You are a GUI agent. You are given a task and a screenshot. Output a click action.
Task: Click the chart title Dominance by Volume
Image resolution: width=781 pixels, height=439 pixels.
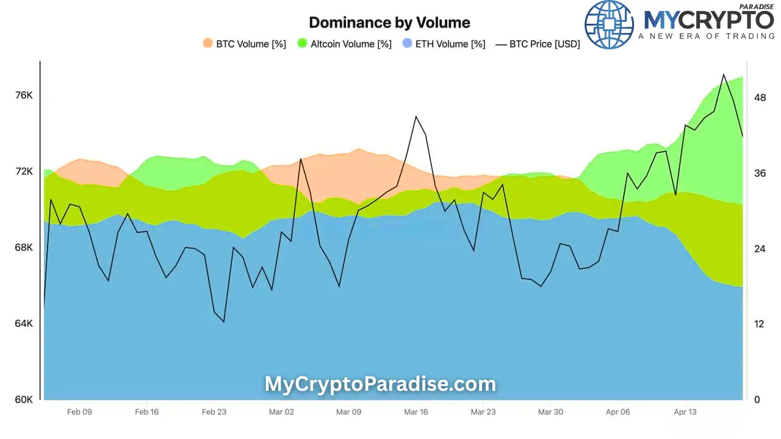click(x=389, y=23)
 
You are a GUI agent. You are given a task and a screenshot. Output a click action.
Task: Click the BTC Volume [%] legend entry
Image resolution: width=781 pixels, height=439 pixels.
click(x=244, y=44)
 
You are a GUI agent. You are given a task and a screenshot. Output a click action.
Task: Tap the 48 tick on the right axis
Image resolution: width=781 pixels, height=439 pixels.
click(x=760, y=98)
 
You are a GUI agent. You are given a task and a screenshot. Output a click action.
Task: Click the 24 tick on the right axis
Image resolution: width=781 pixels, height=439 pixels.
click(x=760, y=249)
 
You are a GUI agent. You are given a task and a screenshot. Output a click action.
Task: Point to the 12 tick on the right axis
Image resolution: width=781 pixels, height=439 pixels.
click(x=760, y=324)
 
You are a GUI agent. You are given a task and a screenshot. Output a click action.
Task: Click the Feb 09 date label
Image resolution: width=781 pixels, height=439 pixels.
click(x=79, y=412)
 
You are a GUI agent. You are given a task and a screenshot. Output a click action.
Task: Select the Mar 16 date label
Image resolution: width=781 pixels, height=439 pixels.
click(x=416, y=412)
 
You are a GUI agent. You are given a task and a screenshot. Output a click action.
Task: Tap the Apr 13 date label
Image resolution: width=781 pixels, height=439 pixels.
click(x=685, y=412)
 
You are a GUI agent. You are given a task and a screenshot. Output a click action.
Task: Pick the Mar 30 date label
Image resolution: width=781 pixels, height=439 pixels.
click(x=550, y=412)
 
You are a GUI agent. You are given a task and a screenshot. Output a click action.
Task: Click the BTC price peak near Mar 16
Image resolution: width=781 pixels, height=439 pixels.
click(x=416, y=116)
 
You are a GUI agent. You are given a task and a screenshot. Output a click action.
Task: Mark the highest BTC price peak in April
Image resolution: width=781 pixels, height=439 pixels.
click(x=723, y=74)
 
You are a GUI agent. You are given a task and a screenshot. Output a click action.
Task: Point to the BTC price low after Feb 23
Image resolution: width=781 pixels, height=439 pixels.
click(x=224, y=321)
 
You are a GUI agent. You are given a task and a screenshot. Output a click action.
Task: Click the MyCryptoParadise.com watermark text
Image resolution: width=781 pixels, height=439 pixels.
click(x=380, y=384)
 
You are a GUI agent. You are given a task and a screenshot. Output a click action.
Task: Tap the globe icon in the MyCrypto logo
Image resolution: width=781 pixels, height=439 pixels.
click(x=609, y=24)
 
